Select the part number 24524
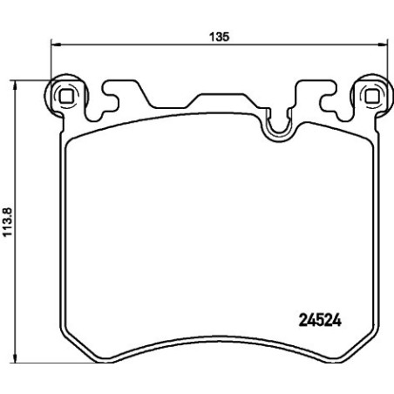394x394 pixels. pos(312,318)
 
